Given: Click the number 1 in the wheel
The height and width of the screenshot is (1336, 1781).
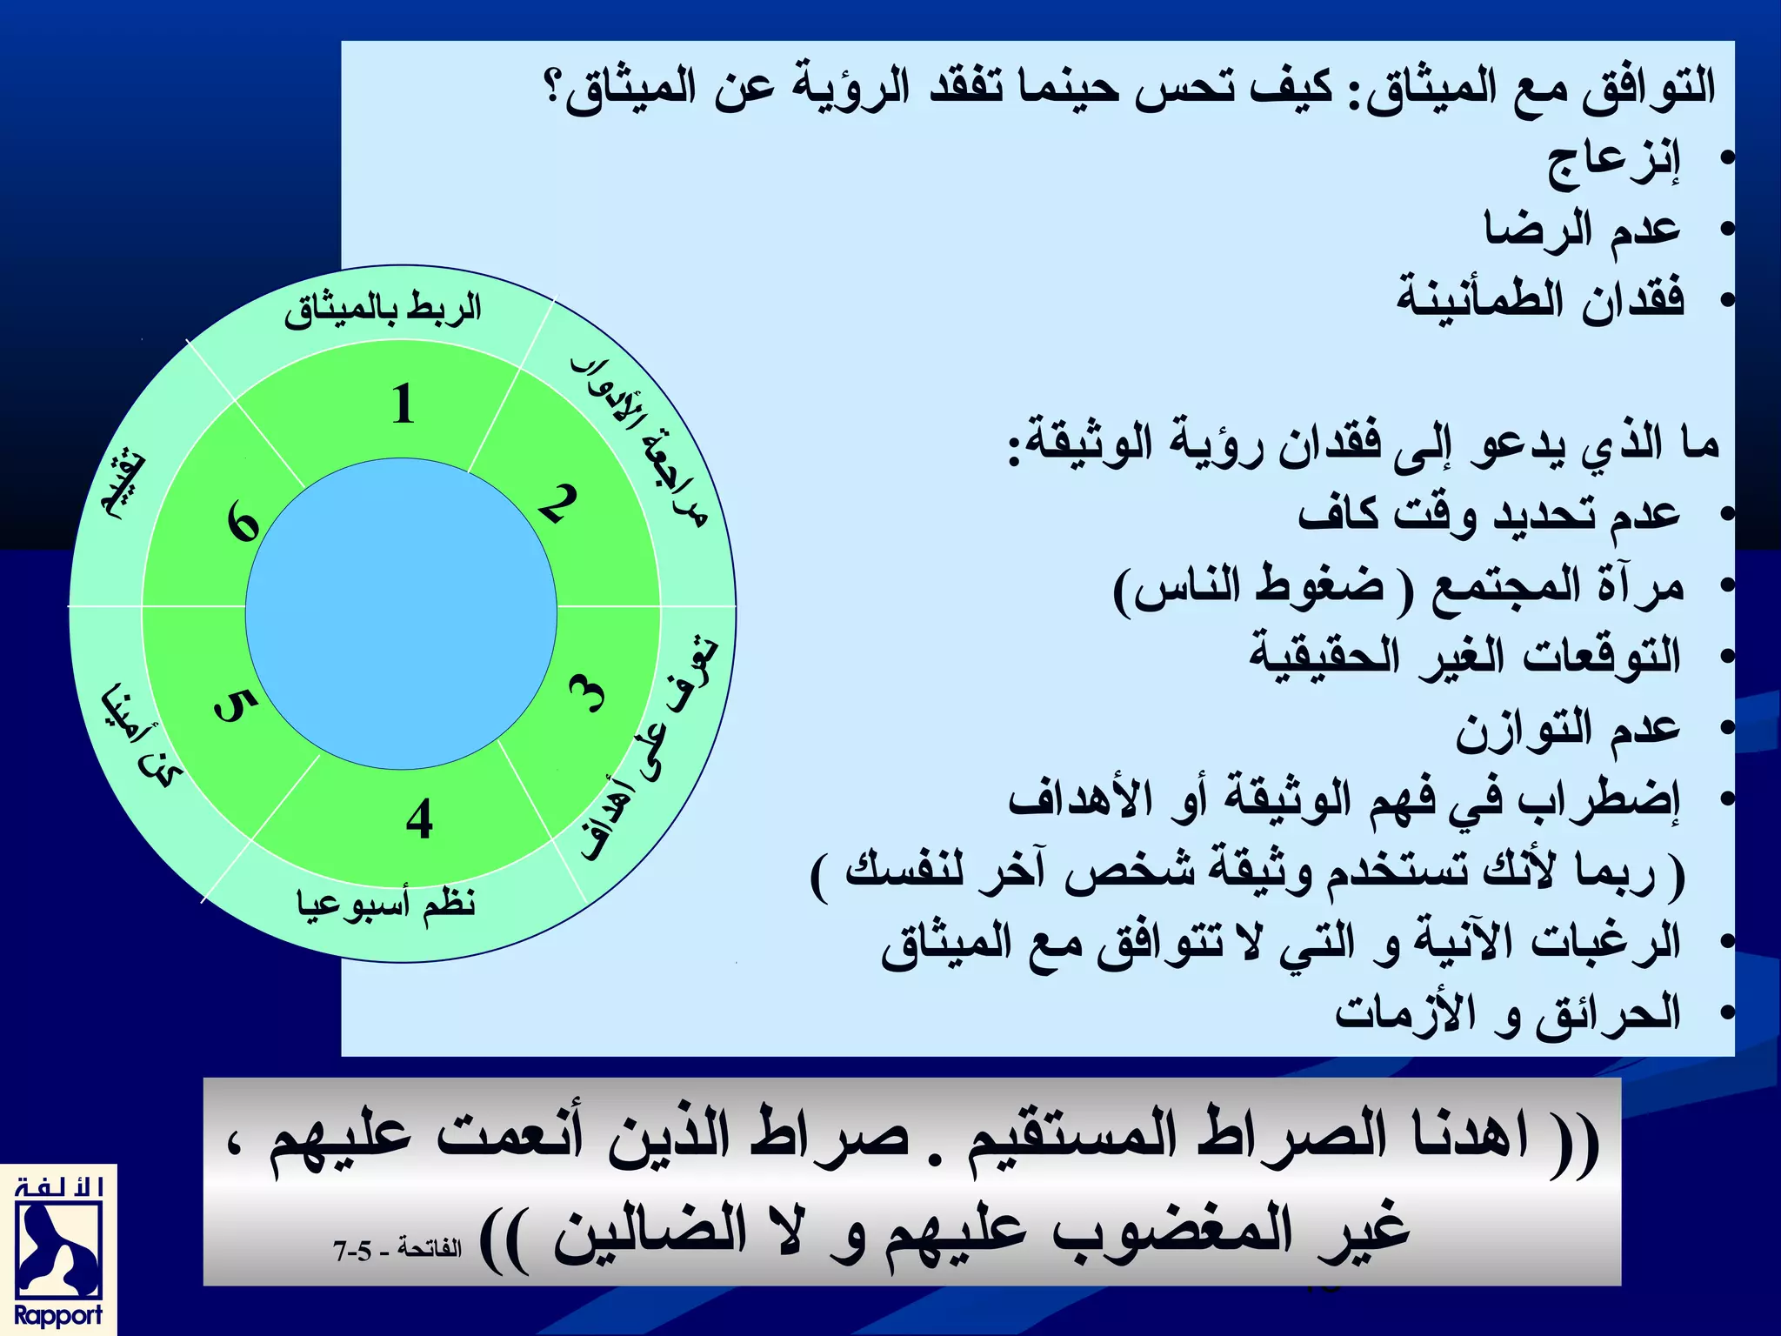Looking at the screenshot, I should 402,404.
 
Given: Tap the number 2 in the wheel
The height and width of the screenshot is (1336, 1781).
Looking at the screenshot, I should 557,504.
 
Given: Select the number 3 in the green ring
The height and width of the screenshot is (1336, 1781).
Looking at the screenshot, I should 588,694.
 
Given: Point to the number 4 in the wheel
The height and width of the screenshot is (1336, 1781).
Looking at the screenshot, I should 419,819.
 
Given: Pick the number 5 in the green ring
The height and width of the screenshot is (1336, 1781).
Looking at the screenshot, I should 235,705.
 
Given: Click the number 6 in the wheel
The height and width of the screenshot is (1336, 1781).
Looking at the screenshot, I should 243,524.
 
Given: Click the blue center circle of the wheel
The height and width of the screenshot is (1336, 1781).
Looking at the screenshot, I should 401,613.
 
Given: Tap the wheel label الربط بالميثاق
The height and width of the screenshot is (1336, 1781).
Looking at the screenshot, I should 383,309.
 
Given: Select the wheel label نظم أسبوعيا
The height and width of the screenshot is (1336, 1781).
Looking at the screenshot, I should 386,905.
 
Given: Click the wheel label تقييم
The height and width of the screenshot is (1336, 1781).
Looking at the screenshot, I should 123,487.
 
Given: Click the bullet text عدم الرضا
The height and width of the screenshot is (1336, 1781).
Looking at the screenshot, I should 1582,230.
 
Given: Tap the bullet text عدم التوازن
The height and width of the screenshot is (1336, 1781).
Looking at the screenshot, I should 1568,729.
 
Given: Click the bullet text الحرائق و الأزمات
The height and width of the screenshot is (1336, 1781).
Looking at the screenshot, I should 1508,1012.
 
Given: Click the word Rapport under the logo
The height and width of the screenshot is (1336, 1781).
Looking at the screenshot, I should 58,1315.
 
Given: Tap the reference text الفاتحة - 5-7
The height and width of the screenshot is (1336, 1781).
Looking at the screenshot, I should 397,1250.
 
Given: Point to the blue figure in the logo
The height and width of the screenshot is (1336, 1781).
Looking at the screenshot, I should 58,1249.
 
